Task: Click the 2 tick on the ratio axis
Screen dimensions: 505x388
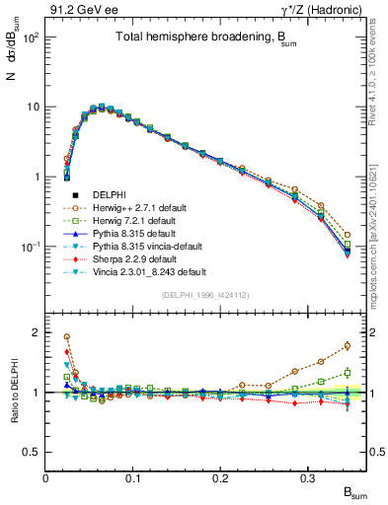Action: (37, 332)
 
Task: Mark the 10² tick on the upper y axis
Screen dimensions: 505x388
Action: (32, 37)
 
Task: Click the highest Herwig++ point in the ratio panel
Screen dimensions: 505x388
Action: (66, 336)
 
